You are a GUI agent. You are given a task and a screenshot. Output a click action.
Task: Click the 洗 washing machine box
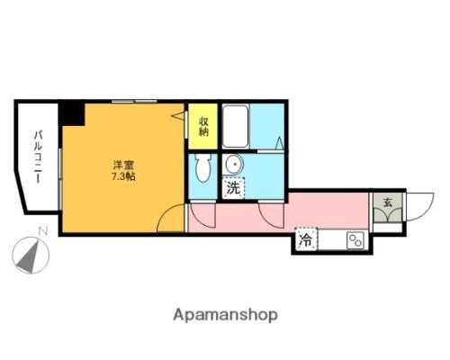tap(233, 189)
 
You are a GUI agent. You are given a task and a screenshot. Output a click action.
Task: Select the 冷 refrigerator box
tap(306, 240)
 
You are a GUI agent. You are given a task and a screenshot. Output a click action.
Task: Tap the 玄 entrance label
tap(385, 202)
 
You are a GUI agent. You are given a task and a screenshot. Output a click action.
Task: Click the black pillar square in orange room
tap(72, 113)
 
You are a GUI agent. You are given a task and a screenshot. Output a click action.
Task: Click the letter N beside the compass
tap(42, 233)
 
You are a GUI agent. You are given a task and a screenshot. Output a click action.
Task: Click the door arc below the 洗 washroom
tap(270, 214)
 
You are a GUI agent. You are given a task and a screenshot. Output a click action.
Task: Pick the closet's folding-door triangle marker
tap(177, 116)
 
